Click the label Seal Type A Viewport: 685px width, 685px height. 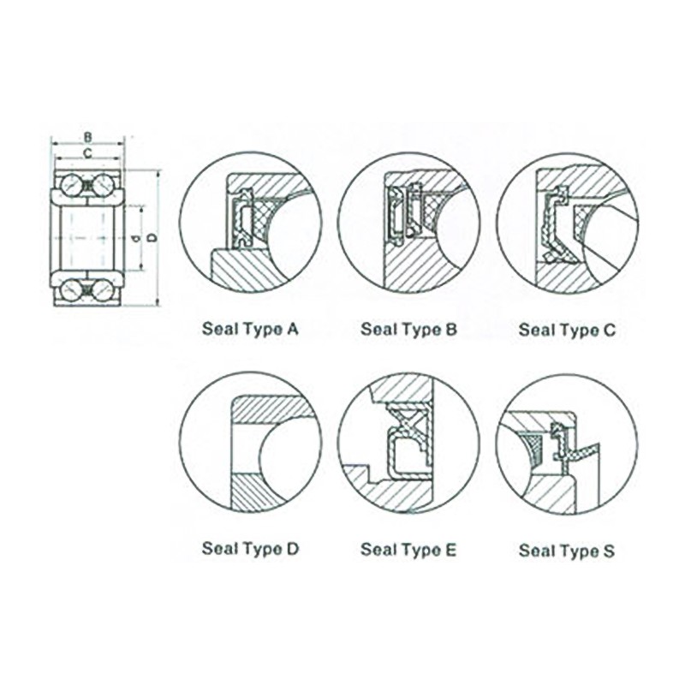[x=250, y=330]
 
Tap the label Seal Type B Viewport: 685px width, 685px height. [x=408, y=330]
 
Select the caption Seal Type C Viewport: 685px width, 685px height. [x=567, y=330]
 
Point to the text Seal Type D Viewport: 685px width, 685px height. [x=250, y=549]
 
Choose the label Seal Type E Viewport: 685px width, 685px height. [x=408, y=549]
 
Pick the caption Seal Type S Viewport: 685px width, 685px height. [x=567, y=551]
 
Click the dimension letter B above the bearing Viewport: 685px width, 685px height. [x=88, y=138]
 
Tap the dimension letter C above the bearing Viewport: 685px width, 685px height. [x=88, y=153]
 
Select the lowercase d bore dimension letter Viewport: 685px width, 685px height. [x=136, y=239]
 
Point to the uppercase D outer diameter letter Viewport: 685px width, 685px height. [x=152, y=238]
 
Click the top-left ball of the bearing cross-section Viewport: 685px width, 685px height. [x=71, y=185]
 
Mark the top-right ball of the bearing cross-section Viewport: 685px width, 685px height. [x=104, y=185]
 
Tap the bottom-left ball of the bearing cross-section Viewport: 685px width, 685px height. [x=71, y=290]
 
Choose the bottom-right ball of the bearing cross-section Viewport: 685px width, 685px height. [x=104, y=290]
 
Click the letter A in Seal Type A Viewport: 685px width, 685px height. [x=292, y=329]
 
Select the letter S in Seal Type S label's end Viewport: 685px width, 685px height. [x=609, y=550]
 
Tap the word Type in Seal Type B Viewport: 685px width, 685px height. [x=418, y=331]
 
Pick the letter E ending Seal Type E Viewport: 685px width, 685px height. [x=450, y=548]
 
